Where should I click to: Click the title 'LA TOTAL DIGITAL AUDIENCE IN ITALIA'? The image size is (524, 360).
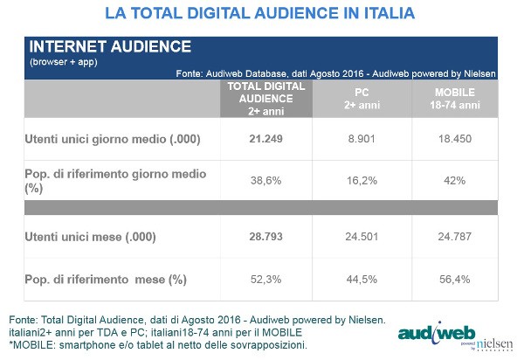coord(259,14)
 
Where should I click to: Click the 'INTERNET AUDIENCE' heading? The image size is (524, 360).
coord(99,46)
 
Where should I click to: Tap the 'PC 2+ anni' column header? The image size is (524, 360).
coord(359,99)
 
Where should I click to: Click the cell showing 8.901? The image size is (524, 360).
coord(359,140)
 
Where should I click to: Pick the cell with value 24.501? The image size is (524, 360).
coord(359,237)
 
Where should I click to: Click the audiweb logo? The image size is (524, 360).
coord(437,334)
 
